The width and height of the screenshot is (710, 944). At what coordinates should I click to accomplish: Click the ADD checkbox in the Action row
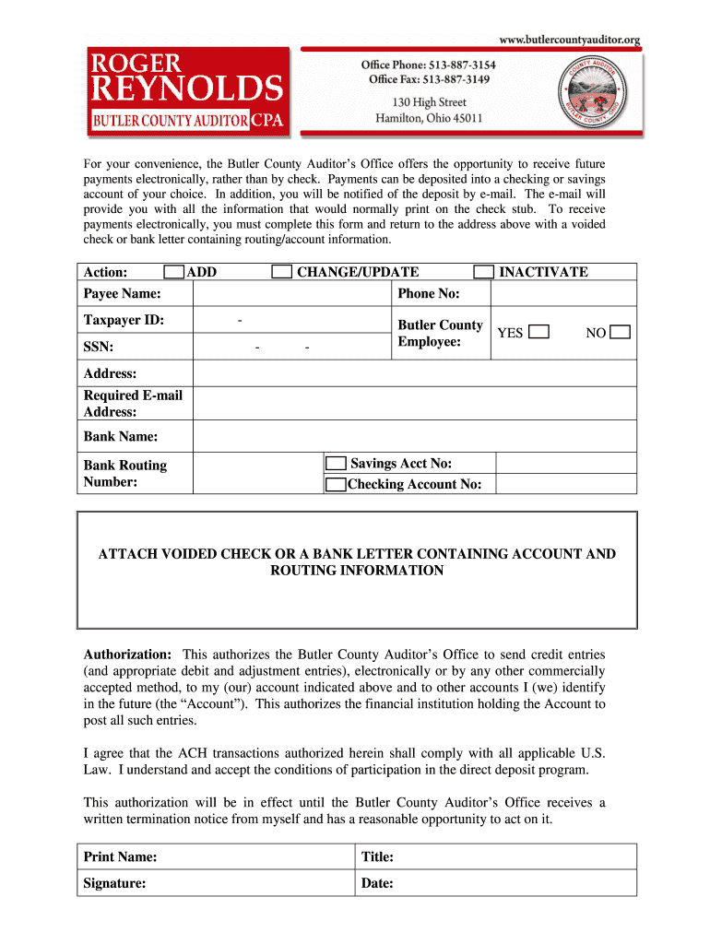tap(173, 272)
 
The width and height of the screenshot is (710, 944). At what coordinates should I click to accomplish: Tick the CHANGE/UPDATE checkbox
tap(282, 272)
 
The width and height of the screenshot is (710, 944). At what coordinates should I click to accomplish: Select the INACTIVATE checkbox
tap(483, 272)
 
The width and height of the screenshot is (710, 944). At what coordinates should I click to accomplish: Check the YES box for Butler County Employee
tap(540, 333)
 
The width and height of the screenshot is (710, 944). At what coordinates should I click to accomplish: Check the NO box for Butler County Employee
tap(621, 333)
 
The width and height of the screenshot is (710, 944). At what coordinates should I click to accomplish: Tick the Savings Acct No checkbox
tap(337, 464)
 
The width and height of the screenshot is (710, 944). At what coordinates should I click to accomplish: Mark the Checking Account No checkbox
tap(337, 485)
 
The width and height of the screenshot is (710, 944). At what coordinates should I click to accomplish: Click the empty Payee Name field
tap(291, 294)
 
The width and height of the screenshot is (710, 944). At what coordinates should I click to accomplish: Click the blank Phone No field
tap(562, 294)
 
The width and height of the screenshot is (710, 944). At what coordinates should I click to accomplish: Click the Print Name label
tap(120, 857)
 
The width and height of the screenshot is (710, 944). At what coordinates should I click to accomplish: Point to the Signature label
tap(114, 883)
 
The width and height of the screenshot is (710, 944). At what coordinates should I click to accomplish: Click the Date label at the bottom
tap(378, 883)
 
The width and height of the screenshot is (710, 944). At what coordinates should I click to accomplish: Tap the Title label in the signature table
tap(378, 857)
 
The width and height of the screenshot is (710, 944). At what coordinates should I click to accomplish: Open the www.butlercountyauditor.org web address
tap(569, 40)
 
